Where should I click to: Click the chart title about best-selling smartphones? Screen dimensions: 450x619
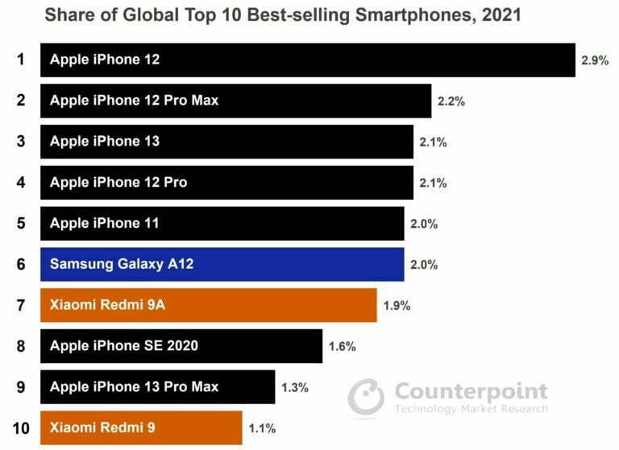(282, 14)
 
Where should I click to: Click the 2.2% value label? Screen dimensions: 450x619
(451, 101)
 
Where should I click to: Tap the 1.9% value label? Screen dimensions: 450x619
(397, 306)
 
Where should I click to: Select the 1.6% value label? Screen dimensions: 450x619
(342, 347)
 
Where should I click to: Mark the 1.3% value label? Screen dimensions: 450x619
(294, 388)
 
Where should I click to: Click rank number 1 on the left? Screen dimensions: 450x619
(20, 60)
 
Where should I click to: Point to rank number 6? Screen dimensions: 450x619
(20, 264)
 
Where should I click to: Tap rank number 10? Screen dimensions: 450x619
(20, 428)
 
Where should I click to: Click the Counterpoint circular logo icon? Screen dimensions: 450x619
(367, 397)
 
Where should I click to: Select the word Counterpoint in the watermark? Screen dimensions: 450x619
(471, 392)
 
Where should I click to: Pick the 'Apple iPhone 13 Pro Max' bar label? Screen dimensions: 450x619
(134, 387)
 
